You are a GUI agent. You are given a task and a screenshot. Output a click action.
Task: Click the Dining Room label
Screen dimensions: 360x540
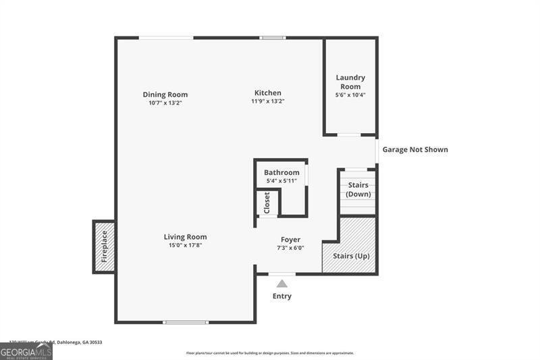tap(165, 95)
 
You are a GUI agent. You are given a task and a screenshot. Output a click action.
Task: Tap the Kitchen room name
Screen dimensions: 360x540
tap(268, 93)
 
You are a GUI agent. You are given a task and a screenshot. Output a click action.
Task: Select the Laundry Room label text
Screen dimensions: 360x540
tap(350, 82)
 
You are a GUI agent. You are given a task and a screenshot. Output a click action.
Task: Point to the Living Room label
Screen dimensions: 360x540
tap(185, 237)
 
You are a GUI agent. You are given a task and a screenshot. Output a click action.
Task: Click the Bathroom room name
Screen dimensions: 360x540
tap(281, 173)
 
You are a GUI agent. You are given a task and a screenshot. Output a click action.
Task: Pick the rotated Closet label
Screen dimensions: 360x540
tap(267, 203)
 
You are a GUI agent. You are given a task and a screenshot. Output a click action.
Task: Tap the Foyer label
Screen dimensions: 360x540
tap(291, 240)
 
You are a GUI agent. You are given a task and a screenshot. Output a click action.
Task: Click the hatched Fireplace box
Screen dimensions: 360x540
tap(104, 247)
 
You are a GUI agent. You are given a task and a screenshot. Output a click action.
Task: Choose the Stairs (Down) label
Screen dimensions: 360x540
tap(358, 190)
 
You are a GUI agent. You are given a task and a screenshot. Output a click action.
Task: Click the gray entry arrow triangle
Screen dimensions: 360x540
tap(282, 284)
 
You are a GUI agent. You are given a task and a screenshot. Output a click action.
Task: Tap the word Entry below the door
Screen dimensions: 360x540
tap(282, 297)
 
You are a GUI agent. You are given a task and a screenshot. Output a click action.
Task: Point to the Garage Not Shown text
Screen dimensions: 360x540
tap(415, 150)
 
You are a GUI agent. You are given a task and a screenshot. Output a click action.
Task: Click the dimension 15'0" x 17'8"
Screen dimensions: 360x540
tap(185, 246)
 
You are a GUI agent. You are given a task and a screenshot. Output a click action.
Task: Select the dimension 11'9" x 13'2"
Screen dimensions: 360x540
tap(268, 102)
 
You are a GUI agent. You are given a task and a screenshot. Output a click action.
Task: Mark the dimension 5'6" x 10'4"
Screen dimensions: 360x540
tap(350, 95)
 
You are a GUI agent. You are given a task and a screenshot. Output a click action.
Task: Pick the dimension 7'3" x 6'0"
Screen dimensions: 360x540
tap(291, 248)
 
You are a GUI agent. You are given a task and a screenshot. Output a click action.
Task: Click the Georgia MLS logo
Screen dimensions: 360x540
tap(26, 351)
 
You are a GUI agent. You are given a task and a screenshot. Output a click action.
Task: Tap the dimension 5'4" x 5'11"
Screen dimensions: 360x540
tap(281, 181)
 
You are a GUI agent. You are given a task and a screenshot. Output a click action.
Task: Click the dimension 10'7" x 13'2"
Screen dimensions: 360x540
tap(165, 103)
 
